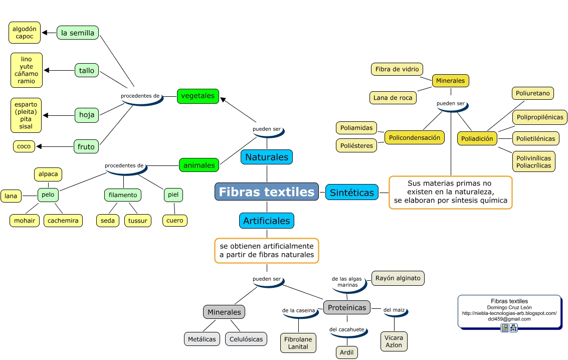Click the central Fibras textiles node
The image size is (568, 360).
coord(267,192)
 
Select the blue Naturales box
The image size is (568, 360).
coord(267,157)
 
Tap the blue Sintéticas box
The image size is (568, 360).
coord(352,192)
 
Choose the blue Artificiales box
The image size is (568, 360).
coord(267,221)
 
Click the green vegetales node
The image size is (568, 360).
coord(198,96)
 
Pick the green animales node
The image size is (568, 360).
coord(199,165)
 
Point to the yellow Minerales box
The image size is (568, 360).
coord(450,81)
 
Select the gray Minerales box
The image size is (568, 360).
coord(224,312)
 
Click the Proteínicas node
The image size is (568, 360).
coord(347,307)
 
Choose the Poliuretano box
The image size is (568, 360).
coord(533,93)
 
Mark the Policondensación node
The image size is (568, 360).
coord(415,137)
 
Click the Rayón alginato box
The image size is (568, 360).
coord(398,278)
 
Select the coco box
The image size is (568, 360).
coord(24,146)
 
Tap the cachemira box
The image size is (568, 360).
coord(63,221)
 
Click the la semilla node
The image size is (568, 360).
coord(78,33)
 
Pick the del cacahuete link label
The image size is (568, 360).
coord(347,329)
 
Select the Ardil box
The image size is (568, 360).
coord(347,352)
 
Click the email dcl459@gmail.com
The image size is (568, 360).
coord(509,319)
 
